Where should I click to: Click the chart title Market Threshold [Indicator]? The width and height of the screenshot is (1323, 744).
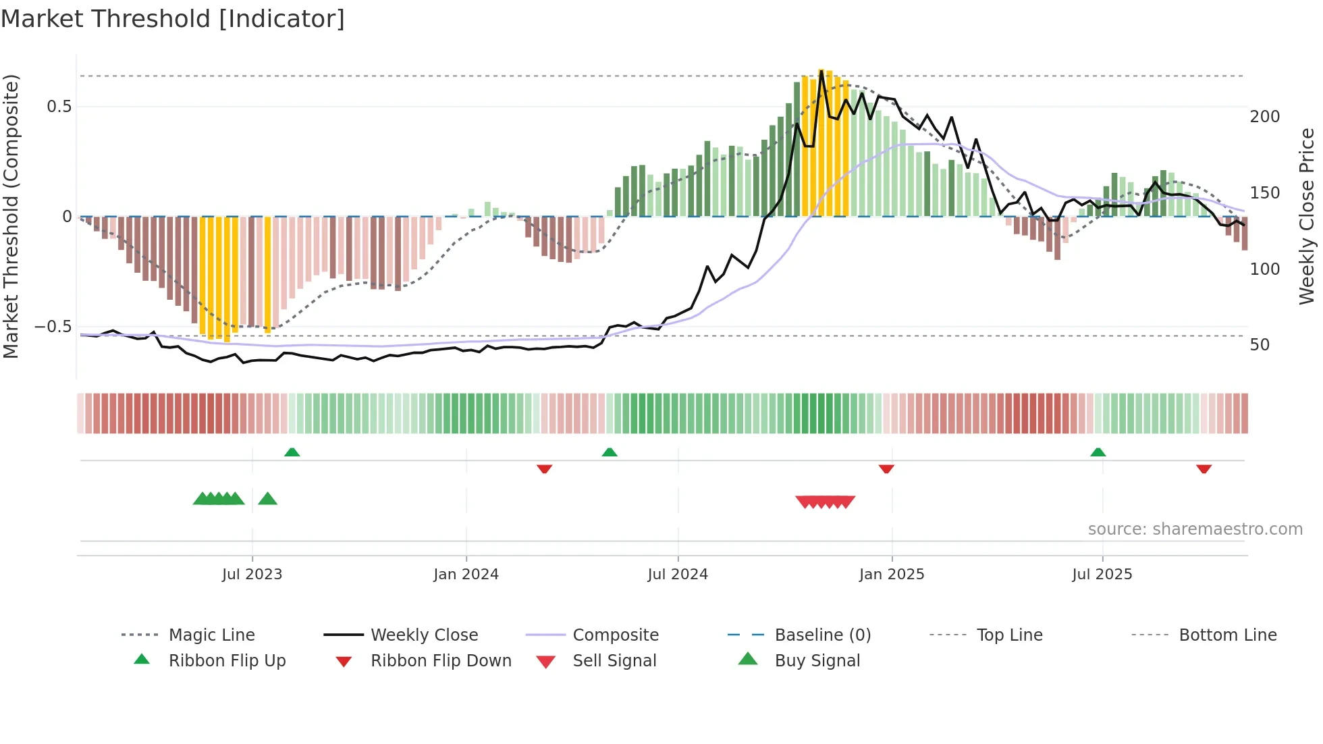pyautogui.click(x=173, y=19)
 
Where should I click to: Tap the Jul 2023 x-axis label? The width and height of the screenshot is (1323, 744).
pyautogui.click(x=252, y=575)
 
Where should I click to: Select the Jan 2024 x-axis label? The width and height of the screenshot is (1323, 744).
pyautogui.click(x=466, y=575)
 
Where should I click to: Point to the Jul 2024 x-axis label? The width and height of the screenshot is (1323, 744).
pyautogui.click(x=678, y=575)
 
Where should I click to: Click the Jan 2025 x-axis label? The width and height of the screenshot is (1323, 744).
pyautogui.click(x=892, y=575)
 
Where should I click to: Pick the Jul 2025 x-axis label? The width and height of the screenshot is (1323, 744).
pyautogui.click(x=1102, y=575)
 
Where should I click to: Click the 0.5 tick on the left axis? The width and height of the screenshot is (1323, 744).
pyautogui.click(x=59, y=107)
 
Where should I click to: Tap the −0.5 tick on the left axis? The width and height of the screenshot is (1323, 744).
pyautogui.click(x=53, y=327)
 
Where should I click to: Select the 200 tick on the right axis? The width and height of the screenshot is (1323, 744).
pyautogui.click(x=1264, y=117)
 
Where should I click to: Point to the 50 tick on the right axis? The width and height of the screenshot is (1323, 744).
pyautogui.click(x=1260, y=345)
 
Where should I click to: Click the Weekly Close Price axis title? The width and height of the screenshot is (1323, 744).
pyautogui.click(x=1307, y=216)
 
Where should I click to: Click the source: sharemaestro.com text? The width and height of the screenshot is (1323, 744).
pyautogui.click(x=1195, y=529)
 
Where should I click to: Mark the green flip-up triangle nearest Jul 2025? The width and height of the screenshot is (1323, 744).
pyautogui.click(x=1098, y=452)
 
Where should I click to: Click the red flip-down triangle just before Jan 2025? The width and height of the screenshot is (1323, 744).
pyautogui.click(x=886, y=469)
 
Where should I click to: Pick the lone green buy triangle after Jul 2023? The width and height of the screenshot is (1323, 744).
pyautogui.click(x=268, y=499)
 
